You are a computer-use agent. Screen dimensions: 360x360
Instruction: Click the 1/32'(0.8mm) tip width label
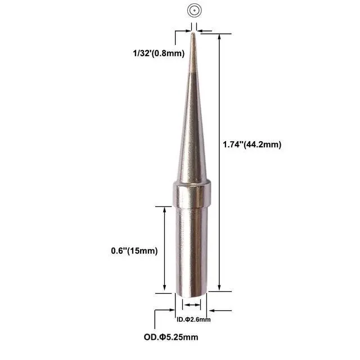(159, 53)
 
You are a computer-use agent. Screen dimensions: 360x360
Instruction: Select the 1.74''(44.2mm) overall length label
(252, 145)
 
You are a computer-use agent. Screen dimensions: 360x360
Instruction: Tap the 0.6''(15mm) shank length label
(134, 251)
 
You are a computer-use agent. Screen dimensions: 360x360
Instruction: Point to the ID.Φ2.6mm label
(193, 319)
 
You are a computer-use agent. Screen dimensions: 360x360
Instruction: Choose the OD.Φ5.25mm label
(171, 337)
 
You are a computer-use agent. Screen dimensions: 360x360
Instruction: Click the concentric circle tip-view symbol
(194, 10)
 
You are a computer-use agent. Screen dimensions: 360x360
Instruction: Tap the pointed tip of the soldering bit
(193, 33)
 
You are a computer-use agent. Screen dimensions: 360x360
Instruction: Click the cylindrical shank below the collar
(191, 251)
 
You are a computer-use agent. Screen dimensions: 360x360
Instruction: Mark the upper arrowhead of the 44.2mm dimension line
(219, 37)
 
